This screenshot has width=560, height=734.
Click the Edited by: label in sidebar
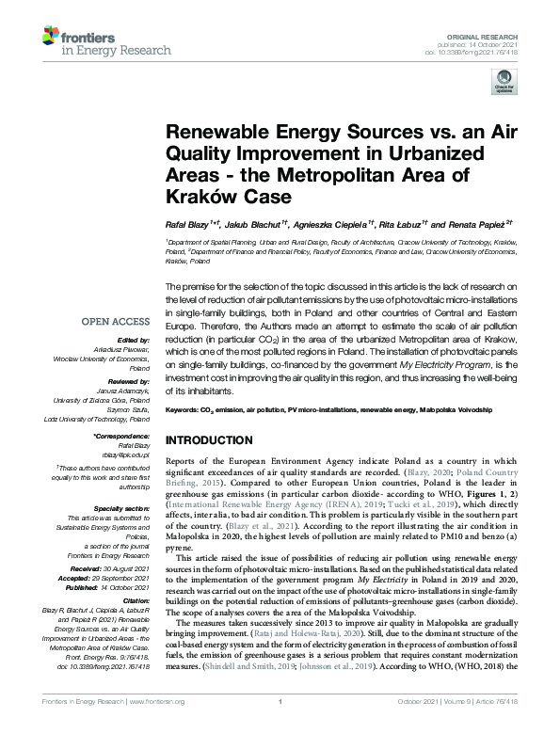(x=135, y=339)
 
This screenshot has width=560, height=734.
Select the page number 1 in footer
(x=280, y=727)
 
